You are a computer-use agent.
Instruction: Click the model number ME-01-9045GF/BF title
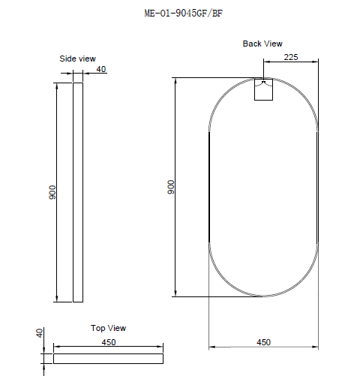pos(181,13)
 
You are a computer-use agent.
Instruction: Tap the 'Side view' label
pos(77,58)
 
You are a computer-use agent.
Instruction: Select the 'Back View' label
pos(262,44)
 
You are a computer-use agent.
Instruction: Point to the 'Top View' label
pos(108,328)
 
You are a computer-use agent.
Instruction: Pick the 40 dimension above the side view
pos(101,70)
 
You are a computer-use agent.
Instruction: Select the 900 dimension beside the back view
pos(170,187)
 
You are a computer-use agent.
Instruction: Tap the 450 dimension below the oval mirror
pos(263,342)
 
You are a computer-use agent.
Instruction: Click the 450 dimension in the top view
pos(109,342)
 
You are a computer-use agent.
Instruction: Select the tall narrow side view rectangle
pos(77,192)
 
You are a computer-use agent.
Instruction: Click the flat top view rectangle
pos(108,359)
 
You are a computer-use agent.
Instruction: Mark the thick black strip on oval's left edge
pos(208,187)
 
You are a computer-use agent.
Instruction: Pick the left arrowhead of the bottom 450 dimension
pos(211,347)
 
